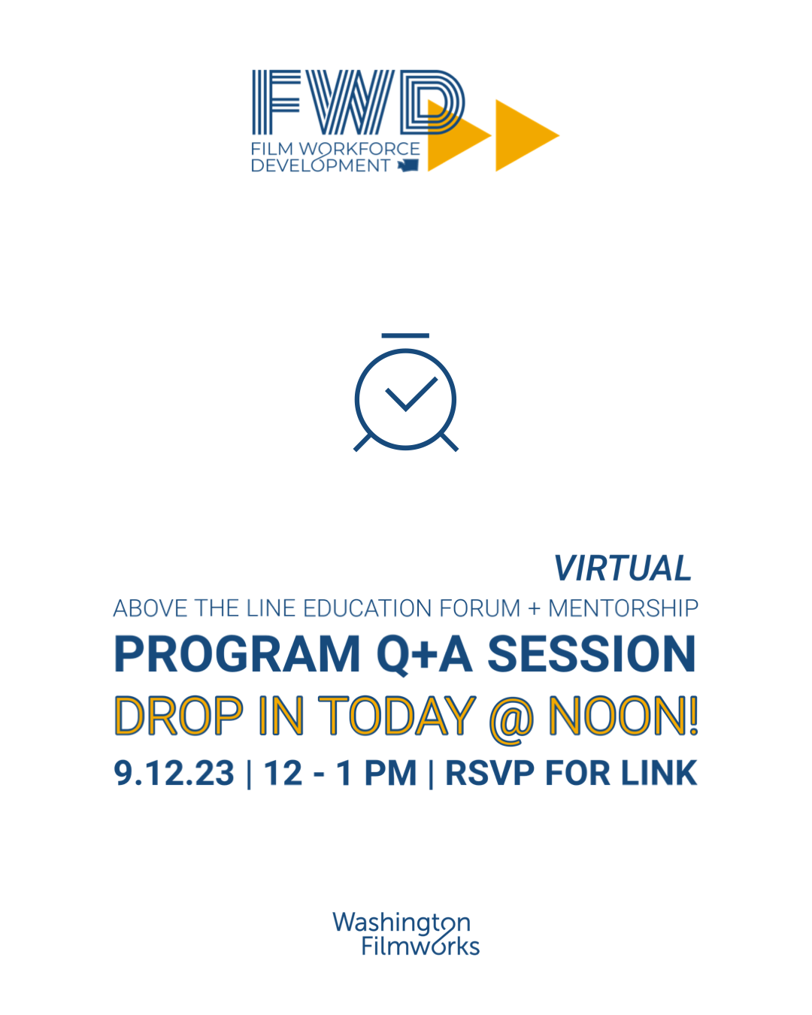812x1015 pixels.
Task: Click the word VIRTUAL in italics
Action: click(x=623, y=569)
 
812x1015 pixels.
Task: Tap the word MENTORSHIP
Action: click(x=623, y=608)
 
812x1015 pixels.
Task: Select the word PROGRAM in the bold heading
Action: click(x=238, y=655)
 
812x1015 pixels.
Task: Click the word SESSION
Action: click(x=592, y=655)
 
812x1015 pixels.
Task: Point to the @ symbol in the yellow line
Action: click(x=511, y=719)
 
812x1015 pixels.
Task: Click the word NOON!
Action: click(x=623, y=716)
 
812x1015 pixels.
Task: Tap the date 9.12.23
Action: click(x=174, y=774)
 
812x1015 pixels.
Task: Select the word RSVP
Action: click(x=489, y=774)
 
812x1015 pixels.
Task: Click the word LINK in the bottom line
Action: click(x=659, y=774)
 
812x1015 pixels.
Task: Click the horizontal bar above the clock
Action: click(x=405, y=336)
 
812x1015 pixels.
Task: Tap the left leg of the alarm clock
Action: click(x=362, y=443)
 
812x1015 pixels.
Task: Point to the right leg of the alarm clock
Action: click(x=449, y=443)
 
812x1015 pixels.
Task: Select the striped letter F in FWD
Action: click(x=276, y=102)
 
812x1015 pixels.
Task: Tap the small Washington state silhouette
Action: click(x=408, y=165)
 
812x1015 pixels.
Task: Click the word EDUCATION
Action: click(x=367, y=608)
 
